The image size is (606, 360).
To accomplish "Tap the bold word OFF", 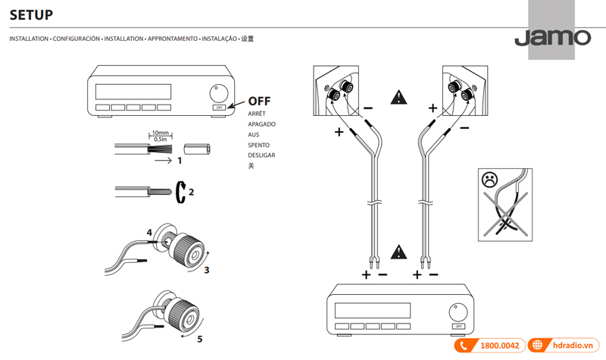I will (260, 100).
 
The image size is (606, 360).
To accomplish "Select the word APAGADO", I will (261, 124).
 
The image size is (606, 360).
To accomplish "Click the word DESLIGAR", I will (262, 155).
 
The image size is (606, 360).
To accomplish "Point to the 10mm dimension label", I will (160, 132).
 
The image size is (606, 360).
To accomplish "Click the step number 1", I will (180, 161).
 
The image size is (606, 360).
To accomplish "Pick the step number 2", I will (191, 192).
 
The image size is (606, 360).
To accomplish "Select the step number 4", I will (149, 232).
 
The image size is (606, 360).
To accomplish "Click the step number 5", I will (200, 339).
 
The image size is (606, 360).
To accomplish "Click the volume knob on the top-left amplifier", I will (219, 92).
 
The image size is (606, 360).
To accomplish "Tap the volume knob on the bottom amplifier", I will (457, 311).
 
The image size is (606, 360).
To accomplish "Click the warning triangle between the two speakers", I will (398, 98).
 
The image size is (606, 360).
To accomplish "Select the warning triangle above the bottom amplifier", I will (398, 252).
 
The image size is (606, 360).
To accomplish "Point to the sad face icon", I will (489, 180).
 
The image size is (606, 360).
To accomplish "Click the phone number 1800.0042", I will (500, 346).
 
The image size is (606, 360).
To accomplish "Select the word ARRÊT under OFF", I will (258, 113).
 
